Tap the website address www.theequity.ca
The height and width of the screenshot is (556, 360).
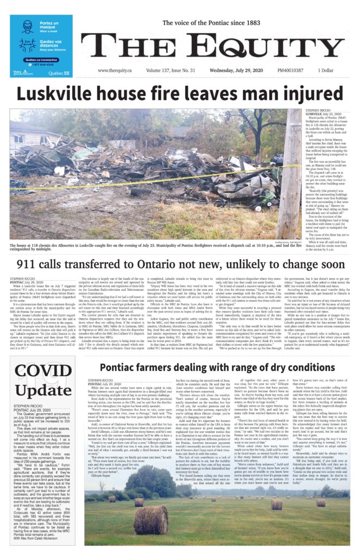[117, 71]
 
